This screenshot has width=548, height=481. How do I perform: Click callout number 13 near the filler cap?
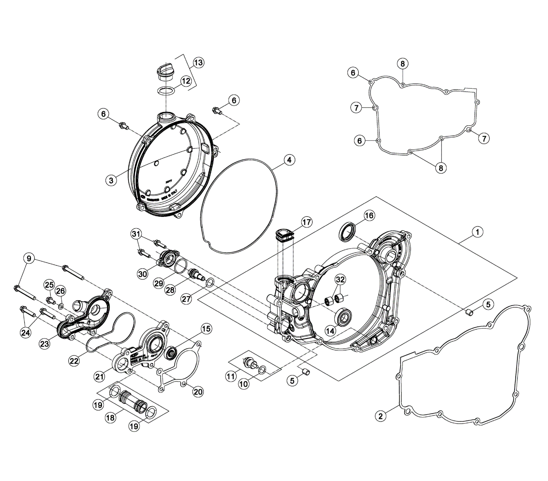pos(198,63)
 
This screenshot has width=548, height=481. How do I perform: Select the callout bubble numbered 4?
pos(289,160)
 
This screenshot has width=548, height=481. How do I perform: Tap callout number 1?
pos(477,232)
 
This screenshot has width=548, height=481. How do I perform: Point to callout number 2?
pos(380,416)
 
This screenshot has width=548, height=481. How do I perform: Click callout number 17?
pos(307,222)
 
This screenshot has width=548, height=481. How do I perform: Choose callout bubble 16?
pos(369,215)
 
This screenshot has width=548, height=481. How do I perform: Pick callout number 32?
pos(340,280)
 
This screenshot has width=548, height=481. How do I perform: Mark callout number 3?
pos(111,180)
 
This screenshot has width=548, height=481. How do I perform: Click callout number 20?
pos(198,391)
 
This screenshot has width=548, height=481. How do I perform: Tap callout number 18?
pos(110,418)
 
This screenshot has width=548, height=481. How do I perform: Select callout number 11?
pos(231,377)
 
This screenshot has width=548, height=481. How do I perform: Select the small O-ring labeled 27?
pos(210,283)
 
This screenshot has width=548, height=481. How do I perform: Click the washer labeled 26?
pos(61,307)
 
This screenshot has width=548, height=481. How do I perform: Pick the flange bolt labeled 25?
pos(50,300)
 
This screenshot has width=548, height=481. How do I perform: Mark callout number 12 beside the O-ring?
pos(186,81)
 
